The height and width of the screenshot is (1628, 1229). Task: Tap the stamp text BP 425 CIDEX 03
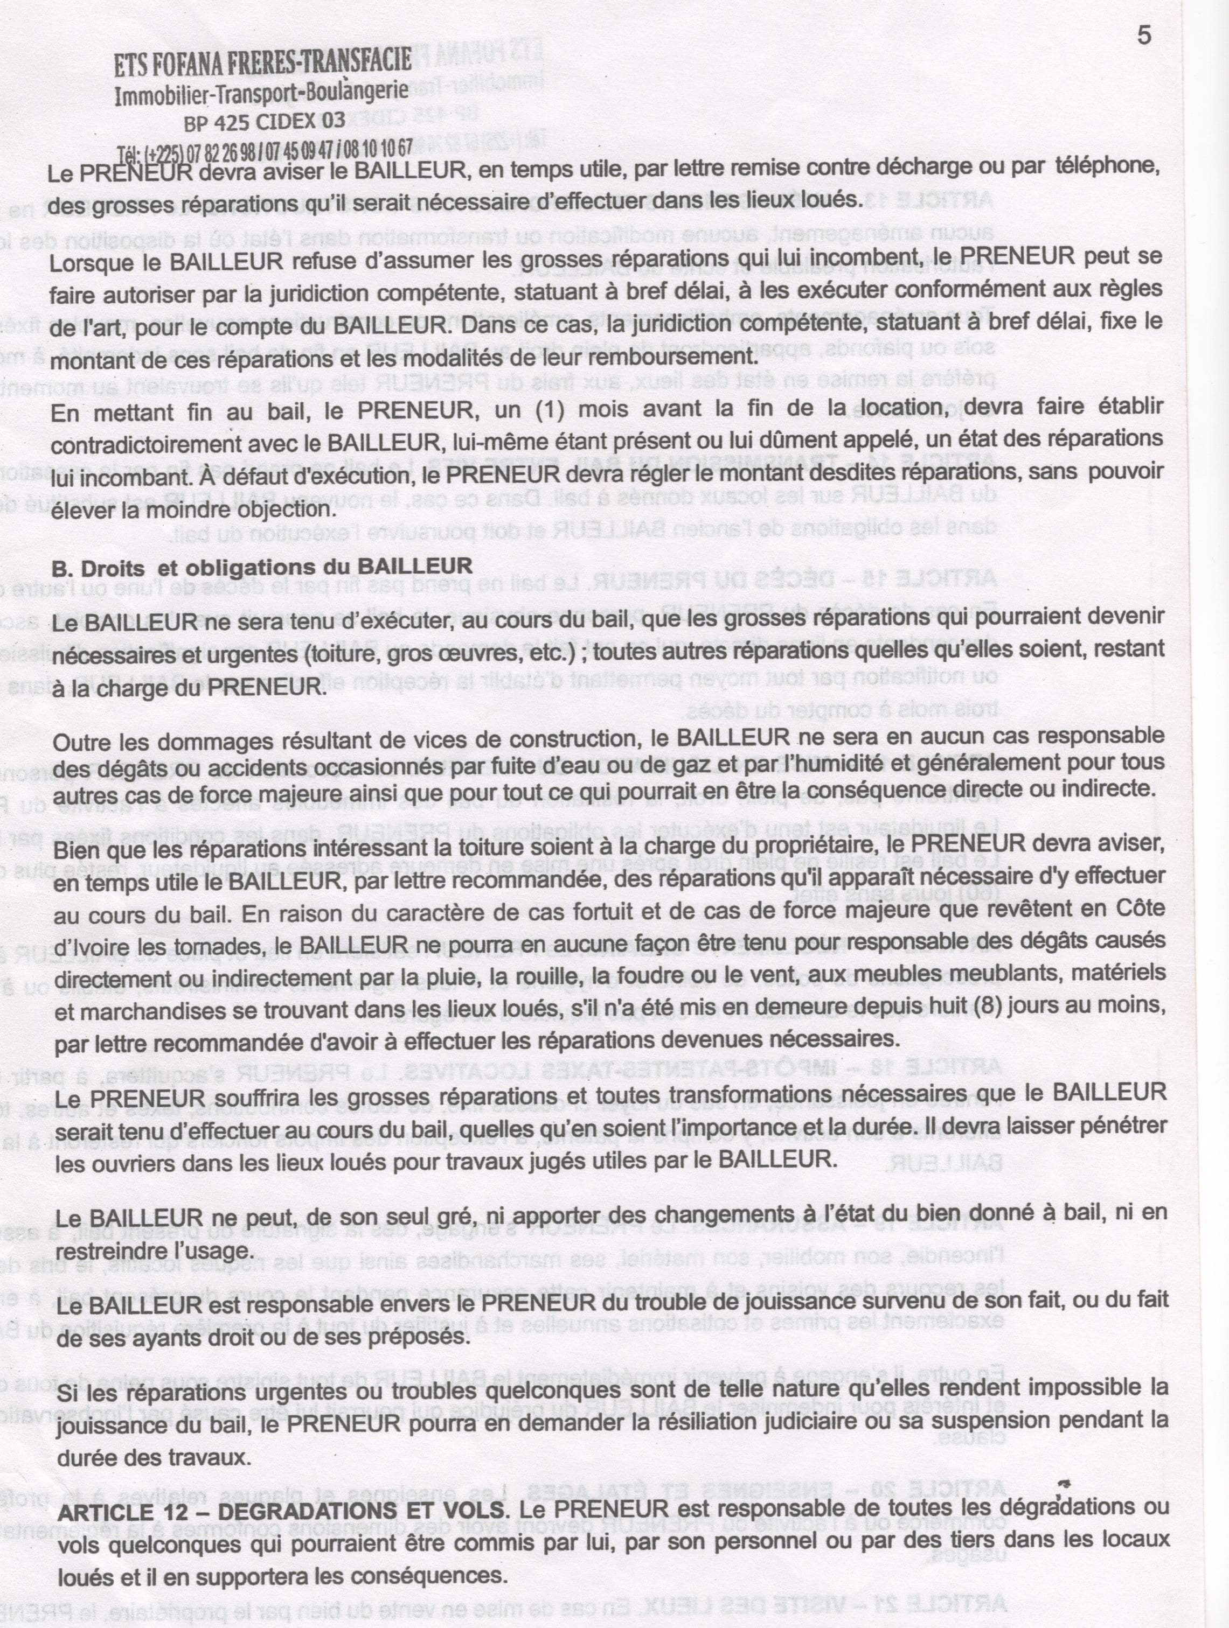pyautogui.click(x=263, y=120)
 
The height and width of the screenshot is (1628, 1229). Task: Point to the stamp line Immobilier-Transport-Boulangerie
pyautogui.click(x=262, y=94)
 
